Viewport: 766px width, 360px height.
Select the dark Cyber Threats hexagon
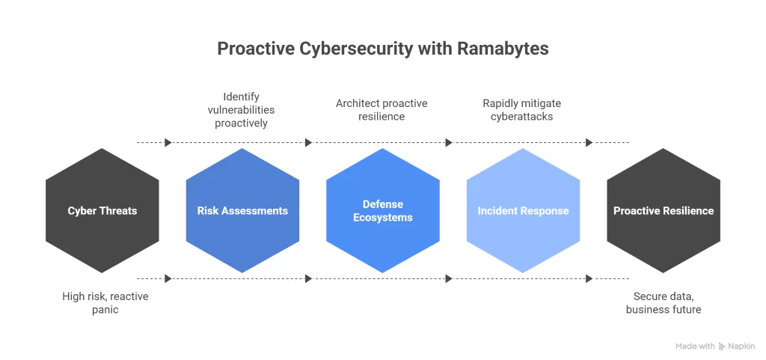[x=102, y=210]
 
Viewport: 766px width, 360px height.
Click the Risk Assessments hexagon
[x=242, y=210]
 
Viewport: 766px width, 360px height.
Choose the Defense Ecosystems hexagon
[x=383, y=210]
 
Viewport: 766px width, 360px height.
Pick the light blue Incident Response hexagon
[x=523, y=210]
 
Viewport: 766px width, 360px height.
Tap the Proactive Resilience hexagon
[x=664, y=210]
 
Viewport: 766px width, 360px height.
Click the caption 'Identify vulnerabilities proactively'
[x=241, y=109]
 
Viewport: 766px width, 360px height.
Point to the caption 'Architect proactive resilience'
[x=382, y=109]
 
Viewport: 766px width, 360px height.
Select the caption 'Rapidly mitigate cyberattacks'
[x=522, y=109]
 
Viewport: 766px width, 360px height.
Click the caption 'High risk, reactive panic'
[x=105, y=302]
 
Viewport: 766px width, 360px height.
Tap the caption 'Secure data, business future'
[x=664, y=302]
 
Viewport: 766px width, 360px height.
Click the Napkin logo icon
[x=722, y=347]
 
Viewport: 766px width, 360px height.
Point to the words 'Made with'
[x=695, y=347]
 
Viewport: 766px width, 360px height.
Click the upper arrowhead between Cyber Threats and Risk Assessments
[x=168, y=142]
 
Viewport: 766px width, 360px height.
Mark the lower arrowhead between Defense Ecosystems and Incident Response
[x=449, y=278]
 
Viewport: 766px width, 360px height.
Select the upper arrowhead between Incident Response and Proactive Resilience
[x=589, y=142]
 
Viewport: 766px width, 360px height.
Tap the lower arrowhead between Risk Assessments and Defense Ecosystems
[x=308, y=278]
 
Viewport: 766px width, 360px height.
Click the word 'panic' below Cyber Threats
[x=105, y=309]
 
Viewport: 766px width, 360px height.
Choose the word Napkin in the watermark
[x=741, y=347]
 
